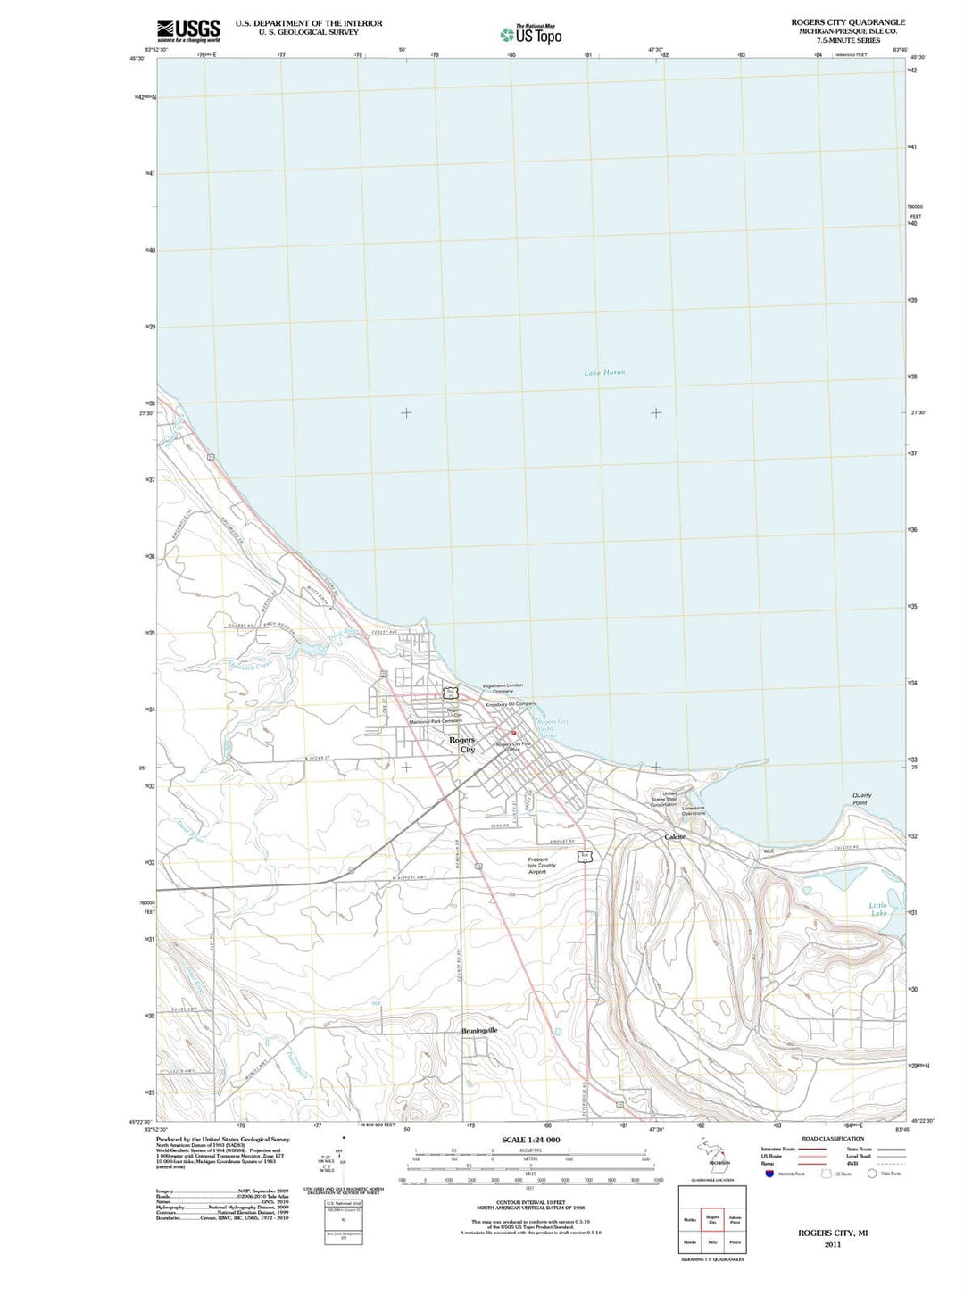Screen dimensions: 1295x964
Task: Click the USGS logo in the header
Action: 188,31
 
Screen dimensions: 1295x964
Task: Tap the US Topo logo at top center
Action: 531,35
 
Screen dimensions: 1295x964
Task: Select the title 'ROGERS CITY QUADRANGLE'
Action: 847,22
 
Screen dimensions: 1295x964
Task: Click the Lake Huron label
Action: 604,372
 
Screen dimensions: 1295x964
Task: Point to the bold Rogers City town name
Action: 462,744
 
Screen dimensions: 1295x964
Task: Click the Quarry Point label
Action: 861,798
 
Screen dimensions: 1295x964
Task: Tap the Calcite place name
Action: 675,836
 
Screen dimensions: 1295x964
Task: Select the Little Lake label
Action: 878,909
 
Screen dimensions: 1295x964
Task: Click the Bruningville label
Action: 479,1030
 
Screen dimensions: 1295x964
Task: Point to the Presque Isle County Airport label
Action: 541,866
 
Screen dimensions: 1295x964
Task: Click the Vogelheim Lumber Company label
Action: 503,688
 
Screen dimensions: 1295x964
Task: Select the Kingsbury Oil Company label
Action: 511,704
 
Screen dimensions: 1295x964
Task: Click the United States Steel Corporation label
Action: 665,799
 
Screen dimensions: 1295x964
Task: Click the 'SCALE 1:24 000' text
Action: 530,1140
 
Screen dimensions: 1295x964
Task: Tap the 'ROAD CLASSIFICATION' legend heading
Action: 832,1138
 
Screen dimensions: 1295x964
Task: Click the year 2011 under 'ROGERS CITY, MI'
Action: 832,1244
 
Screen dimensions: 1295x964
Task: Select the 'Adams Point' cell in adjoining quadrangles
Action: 735,1219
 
